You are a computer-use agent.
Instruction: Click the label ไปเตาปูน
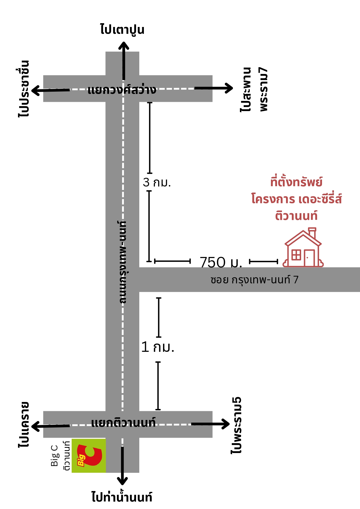pyautogui.click(x=122, y=30)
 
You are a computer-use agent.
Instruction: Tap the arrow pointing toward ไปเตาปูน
pyautogui.click(x=124, y=61)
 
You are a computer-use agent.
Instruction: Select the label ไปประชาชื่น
pyautogui.click(x=23, y=88)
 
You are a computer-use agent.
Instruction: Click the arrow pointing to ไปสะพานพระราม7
pyautogui.click(x=214, y=88)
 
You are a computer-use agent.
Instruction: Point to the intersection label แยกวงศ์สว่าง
pyautogui.click(x=122, y=90)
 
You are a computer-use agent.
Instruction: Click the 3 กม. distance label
pyautogui.click(x=157, y=182)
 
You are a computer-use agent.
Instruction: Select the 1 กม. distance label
pyautogui.click(x=158, y=347)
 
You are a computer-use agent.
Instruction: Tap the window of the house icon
pyautogui.click(x=296, y=255)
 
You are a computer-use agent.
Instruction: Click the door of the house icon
pyautogui.click(x=310, y=258)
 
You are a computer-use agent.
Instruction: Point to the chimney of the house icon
pyautogui.click(x=312, y=233)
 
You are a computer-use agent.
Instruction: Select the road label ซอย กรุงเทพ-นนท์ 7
pyautogui.click(x=254, y=280)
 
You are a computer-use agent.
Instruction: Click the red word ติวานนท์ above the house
pyautogui.click(x=296, y=215)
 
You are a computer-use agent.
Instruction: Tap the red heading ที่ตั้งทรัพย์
pyautogui.click(x=296, y=182)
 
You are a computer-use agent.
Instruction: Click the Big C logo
pyautogui.click(x=89, y=456)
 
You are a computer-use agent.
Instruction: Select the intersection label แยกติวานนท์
pyautogui.click(x=123, y=423)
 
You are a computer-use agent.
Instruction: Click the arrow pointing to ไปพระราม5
pyautogui.click(x=210, y=424)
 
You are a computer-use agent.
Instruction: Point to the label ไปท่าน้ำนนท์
pyautogui.click(x=122, y=497)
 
